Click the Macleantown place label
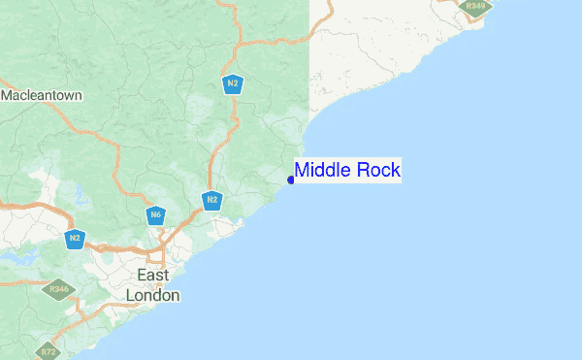[x=42, y=96]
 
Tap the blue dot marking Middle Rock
[x=291, y=180]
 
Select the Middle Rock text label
[x=347, y=171]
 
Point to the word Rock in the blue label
[x=378, y=171]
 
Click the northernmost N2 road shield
[x=232, y=84]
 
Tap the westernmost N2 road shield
[x=75, y=238]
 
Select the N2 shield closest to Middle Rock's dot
[x=212, y=201]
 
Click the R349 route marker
[x=475, y=6]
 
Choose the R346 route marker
[x=61, y=289]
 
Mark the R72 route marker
[x=47, y=349]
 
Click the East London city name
[x=153, y=285]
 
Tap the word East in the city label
[x=153, y=276]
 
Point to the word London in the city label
[x=153, y=295]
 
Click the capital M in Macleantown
[x=8, y=96]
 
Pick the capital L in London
[x=132, y=295]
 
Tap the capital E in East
[x=142, y=276]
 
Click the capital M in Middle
[x=303, y=171]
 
